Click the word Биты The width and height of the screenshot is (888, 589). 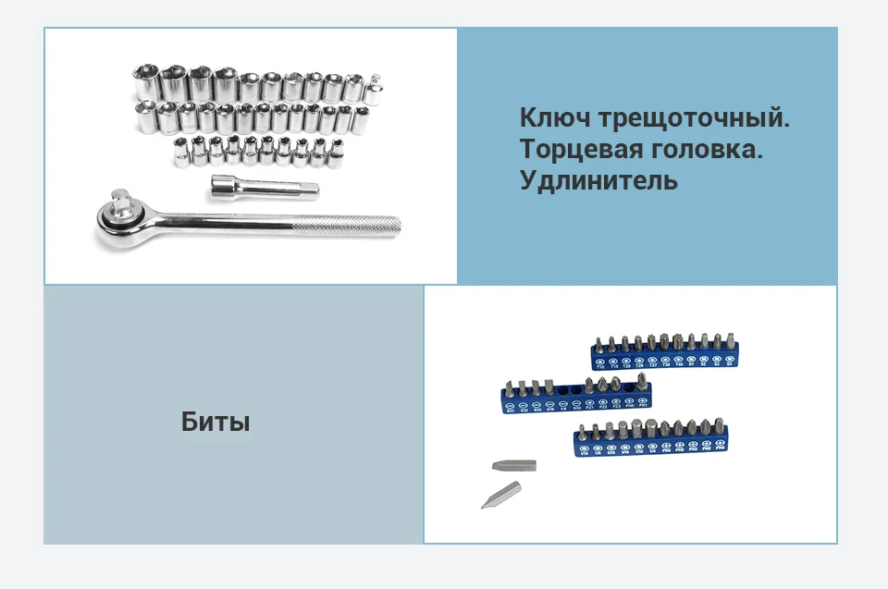(x=216, y=423)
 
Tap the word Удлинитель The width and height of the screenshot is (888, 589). (x=598, y=180)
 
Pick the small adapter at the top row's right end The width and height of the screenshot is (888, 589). (x=376, y=87)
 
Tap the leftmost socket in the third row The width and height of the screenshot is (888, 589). (x=182, y=151)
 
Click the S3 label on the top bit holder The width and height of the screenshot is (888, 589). (x=729, y=364)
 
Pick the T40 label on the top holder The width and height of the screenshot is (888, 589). (x=677, y=364)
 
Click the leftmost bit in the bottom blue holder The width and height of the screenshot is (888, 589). (x=582, y=435)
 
